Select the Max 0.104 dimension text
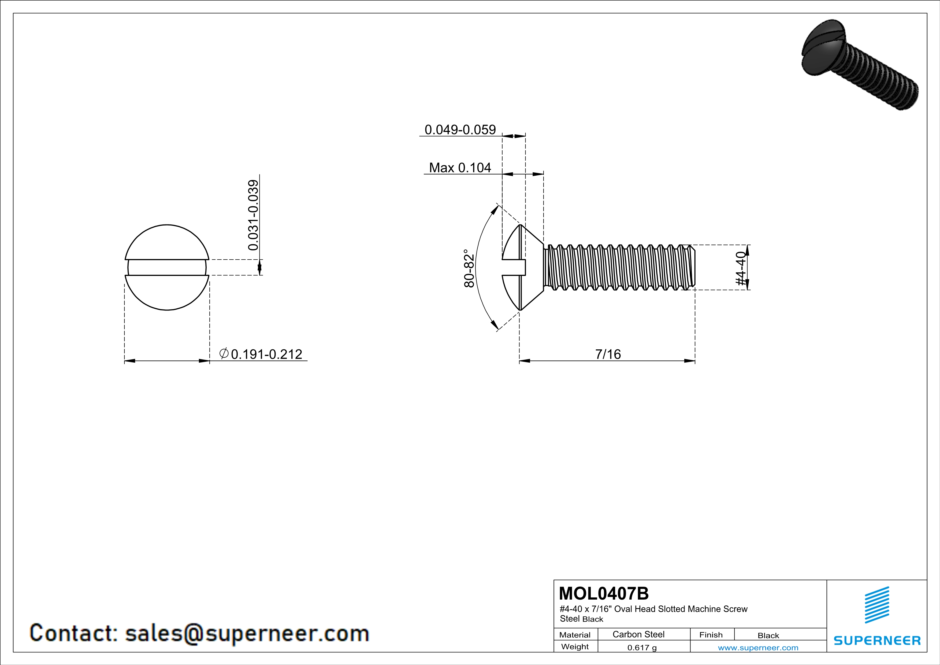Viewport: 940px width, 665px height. (460, 168)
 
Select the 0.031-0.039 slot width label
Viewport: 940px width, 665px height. (253, 215)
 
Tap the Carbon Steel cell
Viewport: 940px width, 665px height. (638, 634)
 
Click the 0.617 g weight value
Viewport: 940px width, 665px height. (641, 647)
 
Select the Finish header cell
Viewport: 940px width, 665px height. (711, 635)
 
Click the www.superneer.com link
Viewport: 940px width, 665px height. (758, 647)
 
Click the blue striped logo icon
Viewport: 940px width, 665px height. (876, 605)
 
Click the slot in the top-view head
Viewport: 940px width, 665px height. (167, 267)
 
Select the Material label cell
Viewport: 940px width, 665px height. (575, 635)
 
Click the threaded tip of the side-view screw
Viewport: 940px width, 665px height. (692, 267)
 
